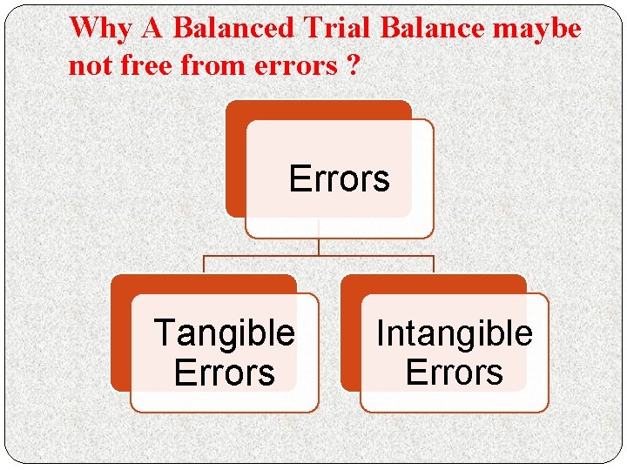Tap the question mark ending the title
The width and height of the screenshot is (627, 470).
[x=351, y=66]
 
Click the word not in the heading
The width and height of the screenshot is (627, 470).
[x=90, y=66]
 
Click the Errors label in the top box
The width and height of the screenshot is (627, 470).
[x=339, y=179]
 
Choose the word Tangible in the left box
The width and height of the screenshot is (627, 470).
[x=224, y=332]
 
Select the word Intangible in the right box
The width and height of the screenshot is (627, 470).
[x=454, y=332]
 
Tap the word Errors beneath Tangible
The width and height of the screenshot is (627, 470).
[x=224, y=373]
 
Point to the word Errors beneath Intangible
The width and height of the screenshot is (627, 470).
[x=454, y=373]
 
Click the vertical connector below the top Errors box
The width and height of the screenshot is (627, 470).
[x=319, y=247]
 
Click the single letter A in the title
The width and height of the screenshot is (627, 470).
[x=152, y=28]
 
